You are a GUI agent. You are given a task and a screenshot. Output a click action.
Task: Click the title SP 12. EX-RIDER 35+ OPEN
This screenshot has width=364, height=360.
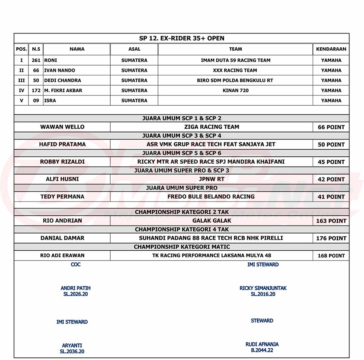(x=182, y=38)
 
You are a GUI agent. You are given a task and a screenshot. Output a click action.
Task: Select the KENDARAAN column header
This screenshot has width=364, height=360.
(x=331, y=49)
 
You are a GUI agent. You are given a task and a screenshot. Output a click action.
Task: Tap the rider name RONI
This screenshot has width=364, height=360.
(x=51, y=60)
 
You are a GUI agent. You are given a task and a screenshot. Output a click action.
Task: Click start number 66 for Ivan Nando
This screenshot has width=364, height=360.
(x=36, y=70)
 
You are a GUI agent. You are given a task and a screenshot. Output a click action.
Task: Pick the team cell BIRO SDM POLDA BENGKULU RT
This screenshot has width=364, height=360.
(x=235, y=80)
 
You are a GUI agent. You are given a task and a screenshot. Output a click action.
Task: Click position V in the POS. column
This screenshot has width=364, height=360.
(x=21, y=101)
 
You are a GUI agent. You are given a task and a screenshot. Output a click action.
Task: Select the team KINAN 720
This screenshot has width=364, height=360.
(x=236, y=90)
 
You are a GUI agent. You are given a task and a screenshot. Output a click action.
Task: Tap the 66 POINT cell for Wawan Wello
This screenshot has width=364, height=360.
(x=331, y=127)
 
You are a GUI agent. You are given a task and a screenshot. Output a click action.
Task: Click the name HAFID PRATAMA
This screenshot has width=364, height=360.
(x=62, y=144)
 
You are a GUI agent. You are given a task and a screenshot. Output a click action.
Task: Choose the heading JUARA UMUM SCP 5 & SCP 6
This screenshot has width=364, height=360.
(x=182, y=153)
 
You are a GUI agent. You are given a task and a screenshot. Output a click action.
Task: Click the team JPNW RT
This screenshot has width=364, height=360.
(x=211, y=179)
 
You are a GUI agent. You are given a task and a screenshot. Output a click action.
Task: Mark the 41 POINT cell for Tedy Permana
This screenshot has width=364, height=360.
(x=331, y=197)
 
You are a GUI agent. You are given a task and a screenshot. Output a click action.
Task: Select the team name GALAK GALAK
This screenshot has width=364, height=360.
(x=211, y=220)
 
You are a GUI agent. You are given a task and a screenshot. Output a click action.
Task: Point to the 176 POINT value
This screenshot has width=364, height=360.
(x=331, y=238)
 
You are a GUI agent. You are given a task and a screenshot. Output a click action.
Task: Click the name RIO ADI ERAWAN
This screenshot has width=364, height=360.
(x=62, y=255)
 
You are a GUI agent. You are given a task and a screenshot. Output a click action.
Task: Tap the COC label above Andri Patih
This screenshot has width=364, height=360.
(x=76, y=265)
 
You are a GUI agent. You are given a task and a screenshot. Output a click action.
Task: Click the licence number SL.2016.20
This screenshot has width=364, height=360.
(x=263, y=294)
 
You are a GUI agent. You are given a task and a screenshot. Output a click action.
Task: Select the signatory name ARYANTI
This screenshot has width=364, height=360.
(x=72, y=345)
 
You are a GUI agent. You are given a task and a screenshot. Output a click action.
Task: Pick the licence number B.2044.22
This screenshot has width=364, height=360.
(x=262, y=350)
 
